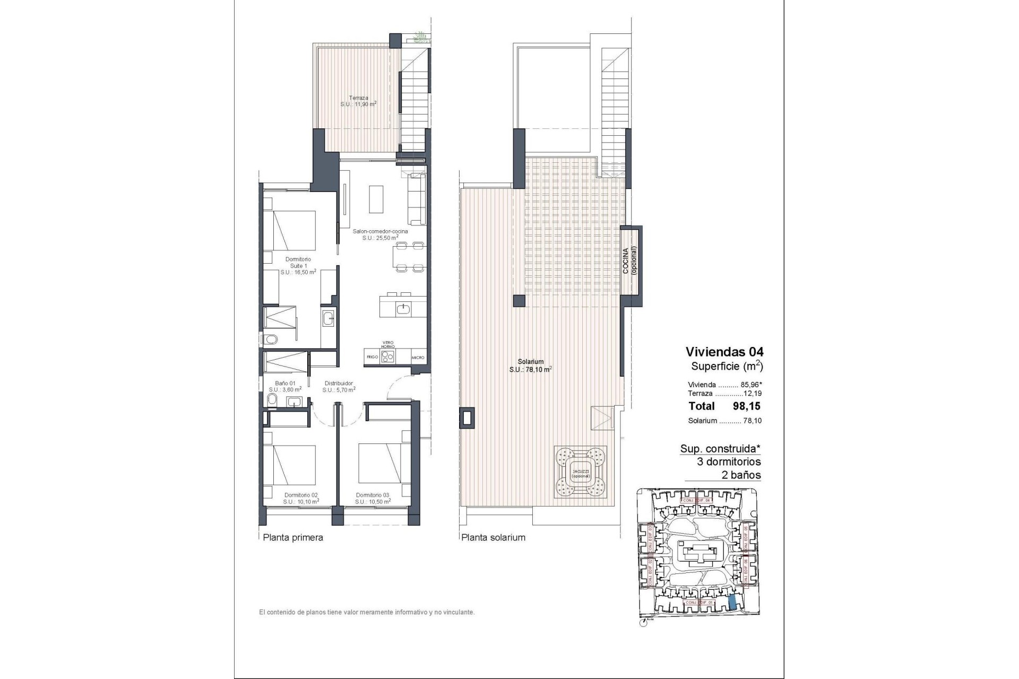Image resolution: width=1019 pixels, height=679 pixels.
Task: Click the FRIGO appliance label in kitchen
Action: click(372, 357)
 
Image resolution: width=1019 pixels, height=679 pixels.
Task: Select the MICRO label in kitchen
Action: click(418, 358)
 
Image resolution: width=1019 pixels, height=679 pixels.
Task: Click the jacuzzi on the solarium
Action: click(581, 471)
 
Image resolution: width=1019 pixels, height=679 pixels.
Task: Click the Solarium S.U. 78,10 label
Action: click(531, 366)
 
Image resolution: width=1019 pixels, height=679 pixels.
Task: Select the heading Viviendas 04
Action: click(724, 352)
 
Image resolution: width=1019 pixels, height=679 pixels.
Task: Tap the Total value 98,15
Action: click(746, 406)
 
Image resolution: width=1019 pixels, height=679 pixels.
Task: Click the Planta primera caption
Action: click(293, 537)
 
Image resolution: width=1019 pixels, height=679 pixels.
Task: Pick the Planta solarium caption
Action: click(493, 537)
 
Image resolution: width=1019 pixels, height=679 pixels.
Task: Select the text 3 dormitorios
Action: click(729, 462)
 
